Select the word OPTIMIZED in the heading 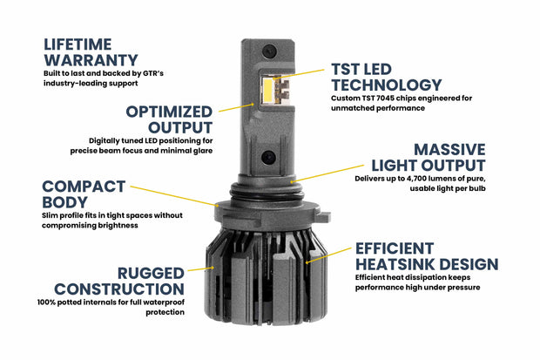click(168, 112)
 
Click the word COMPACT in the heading click(82, 186)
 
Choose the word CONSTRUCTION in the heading click(118, 289)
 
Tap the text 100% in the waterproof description click(51, 302)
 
